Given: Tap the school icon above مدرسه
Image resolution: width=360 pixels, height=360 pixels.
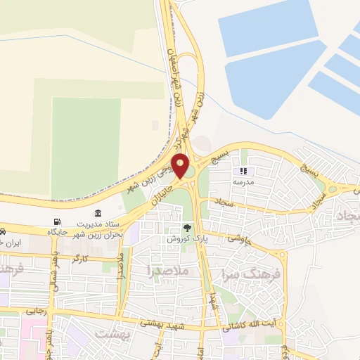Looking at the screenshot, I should tap(244, 171).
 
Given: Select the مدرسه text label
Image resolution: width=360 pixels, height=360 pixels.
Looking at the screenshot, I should tap(243, 181).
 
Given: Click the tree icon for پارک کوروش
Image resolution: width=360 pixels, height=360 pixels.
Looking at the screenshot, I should tap(186, 228).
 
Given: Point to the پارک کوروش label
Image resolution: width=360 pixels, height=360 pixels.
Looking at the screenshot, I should tap(185, 239).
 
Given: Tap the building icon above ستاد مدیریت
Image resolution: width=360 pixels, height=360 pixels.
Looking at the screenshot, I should tap(96, 213).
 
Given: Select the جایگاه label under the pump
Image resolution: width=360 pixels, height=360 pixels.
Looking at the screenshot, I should tap(56, 231).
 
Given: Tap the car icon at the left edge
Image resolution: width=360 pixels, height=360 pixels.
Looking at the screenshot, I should tap(3, 231).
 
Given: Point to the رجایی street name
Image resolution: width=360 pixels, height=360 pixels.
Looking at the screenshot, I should tap(36, 310).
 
